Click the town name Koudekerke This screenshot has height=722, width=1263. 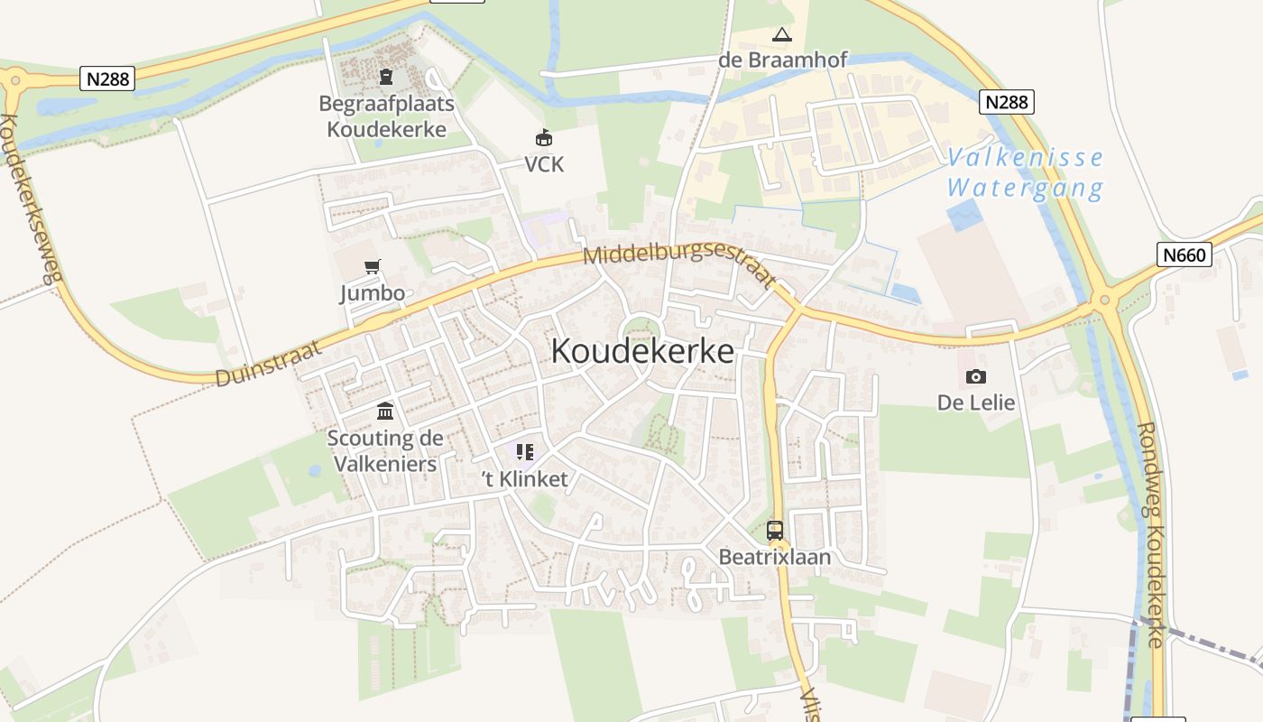tap(642, 351)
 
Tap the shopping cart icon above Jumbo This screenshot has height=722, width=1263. tap(372, 266)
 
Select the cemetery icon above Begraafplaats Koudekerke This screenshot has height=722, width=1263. tap(386, 77)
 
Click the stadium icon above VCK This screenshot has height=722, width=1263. tap(544, 138)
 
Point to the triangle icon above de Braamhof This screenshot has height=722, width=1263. tap(782, 35)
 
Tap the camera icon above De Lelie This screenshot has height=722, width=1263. tap(975, 376)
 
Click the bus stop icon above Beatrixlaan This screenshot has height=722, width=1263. tap(775, 531)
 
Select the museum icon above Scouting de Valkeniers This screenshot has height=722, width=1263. tap(385, 412)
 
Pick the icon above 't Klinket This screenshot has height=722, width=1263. tap(524, 451)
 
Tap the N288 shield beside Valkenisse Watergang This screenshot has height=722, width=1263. tap(1007, 102)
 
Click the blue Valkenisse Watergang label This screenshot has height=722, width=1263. tap(1025, 173)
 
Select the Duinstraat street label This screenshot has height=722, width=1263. tap(268, 365)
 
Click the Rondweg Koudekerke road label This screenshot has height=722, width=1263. tap(1152, 534)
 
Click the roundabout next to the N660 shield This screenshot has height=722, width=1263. tap(1103, 300)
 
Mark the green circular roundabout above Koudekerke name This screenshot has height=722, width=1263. tap(640, 330)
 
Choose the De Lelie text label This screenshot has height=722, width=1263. tap(976, 403)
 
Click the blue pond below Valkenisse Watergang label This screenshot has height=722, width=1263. tap(965, 216)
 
